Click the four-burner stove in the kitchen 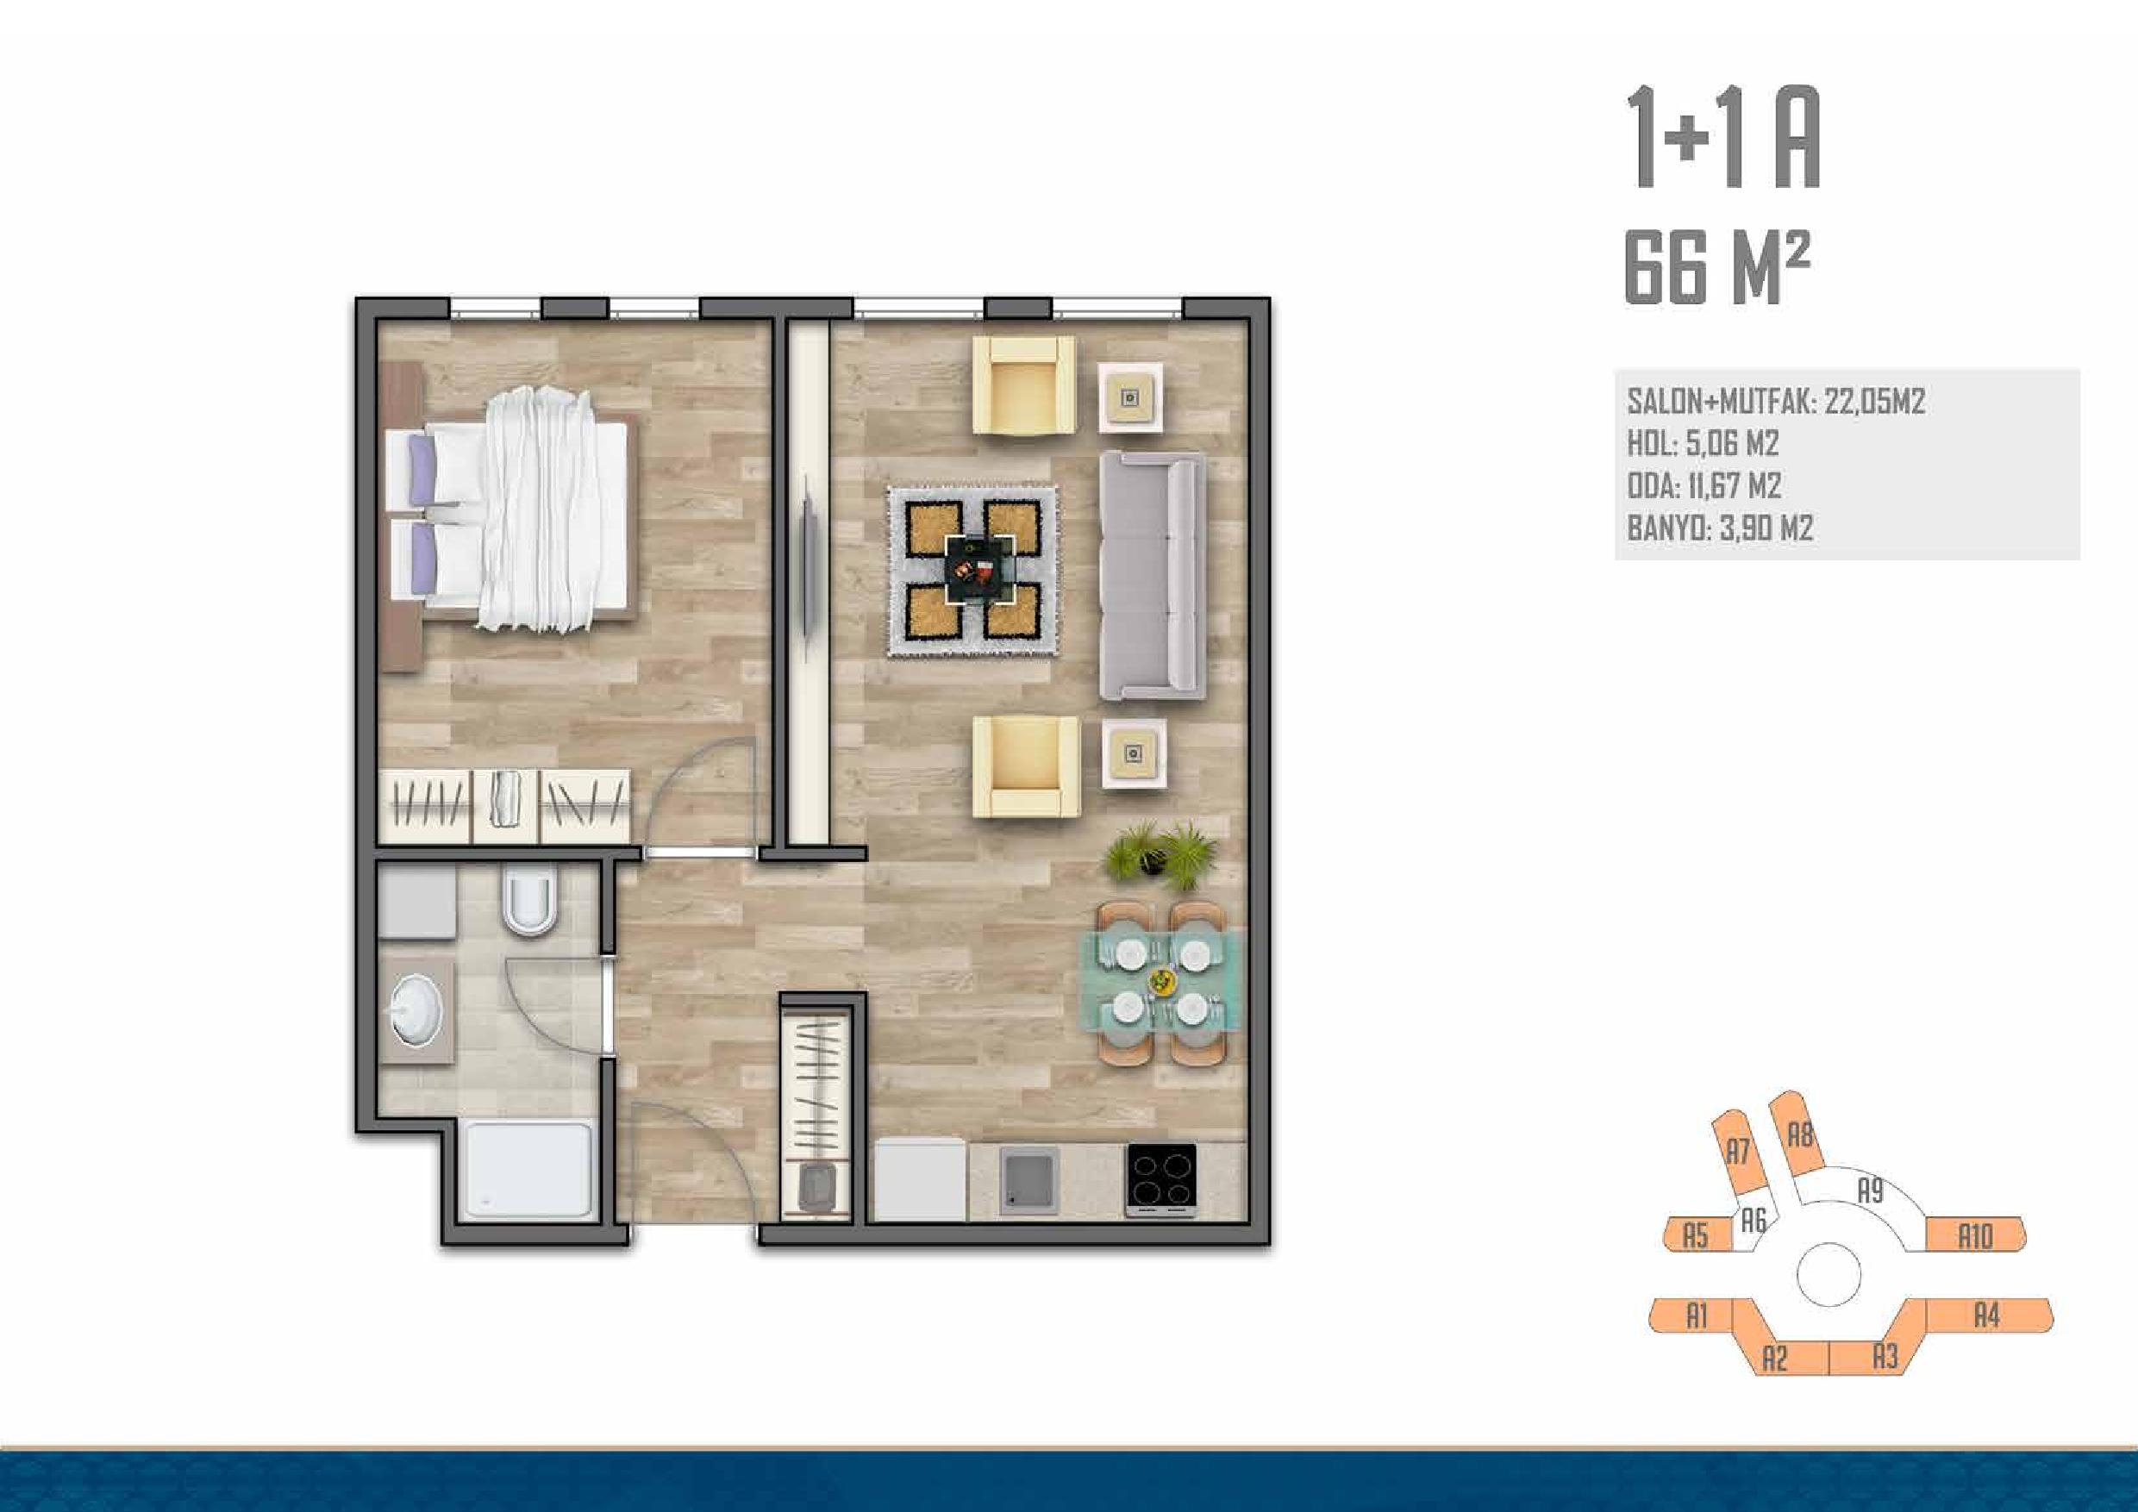coord(1161,1179)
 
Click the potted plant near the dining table coord(1161,854)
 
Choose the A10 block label coord(1975,1237)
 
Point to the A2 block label coord(1776,1360)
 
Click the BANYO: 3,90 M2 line coord(1720,528)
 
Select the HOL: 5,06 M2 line coord(1704,443)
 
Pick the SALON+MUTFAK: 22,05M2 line coord(1776,402)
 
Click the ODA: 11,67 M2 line coord(1704,486)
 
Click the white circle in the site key coord(1829,1272)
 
